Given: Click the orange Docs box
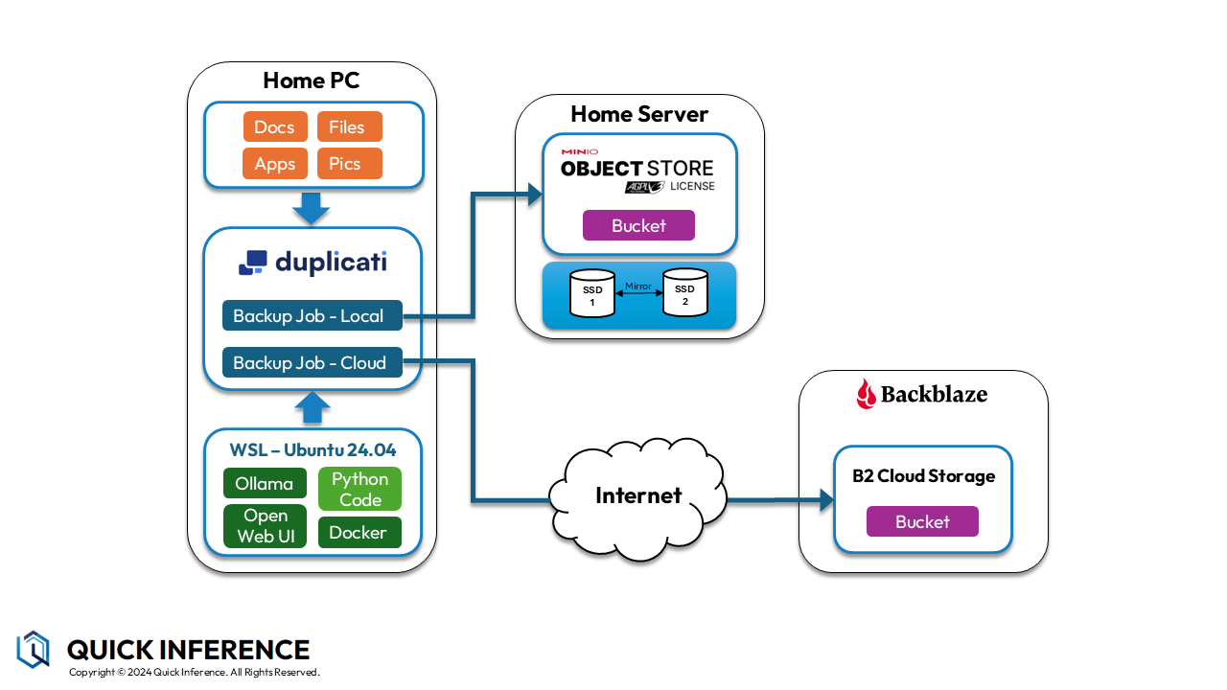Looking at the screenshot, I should point(275,127).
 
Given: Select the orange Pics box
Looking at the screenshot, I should point(349,164).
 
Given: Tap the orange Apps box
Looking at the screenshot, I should point(275,164).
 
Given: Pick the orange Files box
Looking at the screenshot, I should point(349,127).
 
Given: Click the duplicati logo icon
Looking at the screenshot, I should point(252,263).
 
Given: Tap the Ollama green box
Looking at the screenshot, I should point(265,484).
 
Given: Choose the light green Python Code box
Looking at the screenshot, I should point(359,489).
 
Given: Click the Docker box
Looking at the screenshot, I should point(359,533).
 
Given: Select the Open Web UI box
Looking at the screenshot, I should point(265,526).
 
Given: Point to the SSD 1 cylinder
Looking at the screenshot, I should point(592,294).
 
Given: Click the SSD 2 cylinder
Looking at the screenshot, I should point(684,293).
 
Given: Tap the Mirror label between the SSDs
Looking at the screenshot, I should point(638,286).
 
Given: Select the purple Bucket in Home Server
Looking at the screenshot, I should point(638,226).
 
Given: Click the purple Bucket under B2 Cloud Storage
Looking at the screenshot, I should point(922,522).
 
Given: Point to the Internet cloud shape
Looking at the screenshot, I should point(638,494).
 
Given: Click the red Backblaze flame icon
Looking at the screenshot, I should point(866,394).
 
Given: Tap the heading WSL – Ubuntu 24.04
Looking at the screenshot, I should point(313,449).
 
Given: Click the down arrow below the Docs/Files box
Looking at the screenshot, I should point(312,207).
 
